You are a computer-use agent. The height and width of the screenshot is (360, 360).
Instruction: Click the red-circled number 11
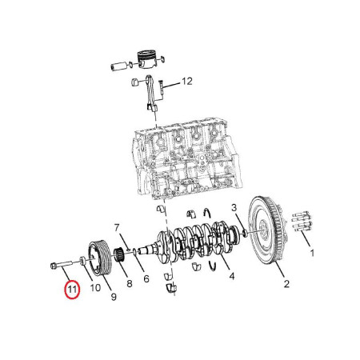point(72,289)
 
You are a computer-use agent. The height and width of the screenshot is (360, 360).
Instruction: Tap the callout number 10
point(95,288)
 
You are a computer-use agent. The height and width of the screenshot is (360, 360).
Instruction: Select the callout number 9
point(114,297)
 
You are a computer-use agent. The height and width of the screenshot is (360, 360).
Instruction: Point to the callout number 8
point(130,283)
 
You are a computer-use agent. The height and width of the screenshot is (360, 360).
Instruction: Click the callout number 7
point(117,228)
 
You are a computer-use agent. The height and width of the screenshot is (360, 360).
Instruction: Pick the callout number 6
point(146,279)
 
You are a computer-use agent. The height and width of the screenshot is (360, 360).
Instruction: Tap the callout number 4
point(232,276)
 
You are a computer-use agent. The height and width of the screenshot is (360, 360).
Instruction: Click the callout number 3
point(234,207)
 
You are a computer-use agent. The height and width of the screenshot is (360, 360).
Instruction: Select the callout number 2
point(286,284)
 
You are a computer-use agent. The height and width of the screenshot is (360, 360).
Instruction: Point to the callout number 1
point(312,253)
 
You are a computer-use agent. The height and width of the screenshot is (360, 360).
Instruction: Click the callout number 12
point(187,81)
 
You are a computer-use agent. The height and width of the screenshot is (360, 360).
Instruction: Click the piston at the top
point(146,59)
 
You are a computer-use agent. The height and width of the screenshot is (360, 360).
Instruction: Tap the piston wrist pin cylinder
point(118,66)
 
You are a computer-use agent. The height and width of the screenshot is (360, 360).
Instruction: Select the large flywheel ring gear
point(267,230)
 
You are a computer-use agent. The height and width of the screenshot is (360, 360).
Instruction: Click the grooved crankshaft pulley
point(98,258)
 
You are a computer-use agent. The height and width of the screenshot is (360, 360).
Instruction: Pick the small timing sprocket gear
point(118,254)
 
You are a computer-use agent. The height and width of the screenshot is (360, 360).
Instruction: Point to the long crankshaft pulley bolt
point(65,264)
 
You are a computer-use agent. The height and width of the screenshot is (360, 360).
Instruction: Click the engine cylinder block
point(187,158)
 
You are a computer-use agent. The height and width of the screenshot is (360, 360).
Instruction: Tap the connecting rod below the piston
point(151,93)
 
